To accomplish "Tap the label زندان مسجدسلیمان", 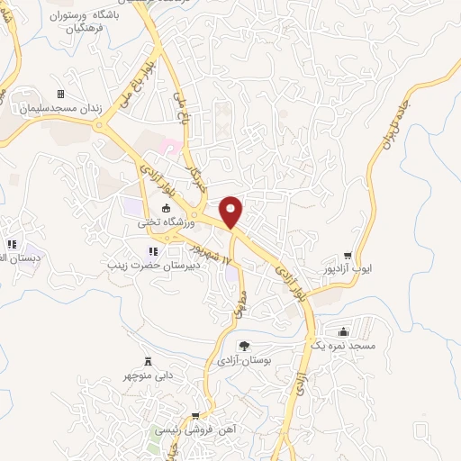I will pos(60,108).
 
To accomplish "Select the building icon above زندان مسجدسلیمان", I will pos(60,94).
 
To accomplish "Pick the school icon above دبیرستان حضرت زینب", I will pos(152,251).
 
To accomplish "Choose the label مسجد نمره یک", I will pos(344,346).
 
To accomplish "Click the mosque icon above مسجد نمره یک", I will pos(344,332).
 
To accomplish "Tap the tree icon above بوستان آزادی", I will pos(244,346).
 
